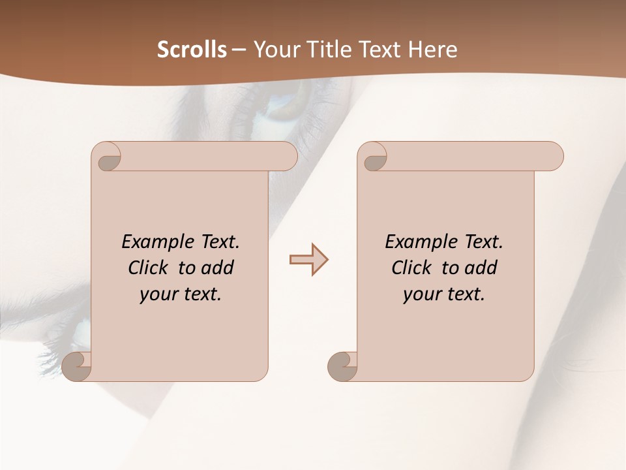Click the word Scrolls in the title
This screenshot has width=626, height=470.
tap(192, 50)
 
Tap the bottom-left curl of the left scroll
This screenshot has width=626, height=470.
tap(78, 366)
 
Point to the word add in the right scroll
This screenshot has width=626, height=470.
tap(481, 268)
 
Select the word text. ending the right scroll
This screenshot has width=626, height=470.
tap(464, 294)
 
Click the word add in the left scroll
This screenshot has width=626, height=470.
tap(218, 268)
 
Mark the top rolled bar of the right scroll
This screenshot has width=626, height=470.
tap(469, 157)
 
